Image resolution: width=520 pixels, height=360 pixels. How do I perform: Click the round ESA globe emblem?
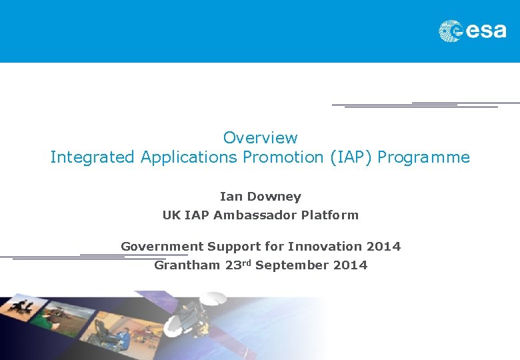(x=451, y=31)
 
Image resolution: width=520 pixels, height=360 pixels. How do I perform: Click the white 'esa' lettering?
(x=485, y=31)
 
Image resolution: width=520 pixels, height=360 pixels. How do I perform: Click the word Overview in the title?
(x=260, y=138)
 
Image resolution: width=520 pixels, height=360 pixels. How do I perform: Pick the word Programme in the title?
(x=424, y=157)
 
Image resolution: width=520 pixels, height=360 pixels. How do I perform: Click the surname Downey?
(x=274, y=197)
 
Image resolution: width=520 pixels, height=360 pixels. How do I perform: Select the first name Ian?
(x=231, y=197)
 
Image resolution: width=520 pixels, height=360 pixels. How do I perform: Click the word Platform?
(x=329, y=215)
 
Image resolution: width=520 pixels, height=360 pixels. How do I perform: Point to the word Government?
(x=162, y=247)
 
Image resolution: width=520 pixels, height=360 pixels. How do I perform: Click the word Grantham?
(x=187, y=265)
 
